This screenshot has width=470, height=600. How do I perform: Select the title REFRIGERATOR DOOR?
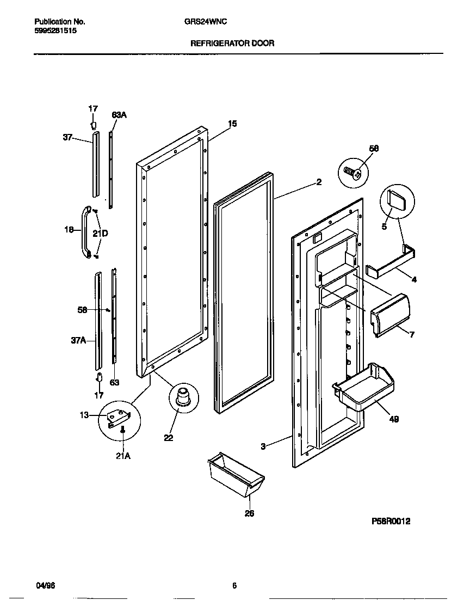click(x=232, y=43)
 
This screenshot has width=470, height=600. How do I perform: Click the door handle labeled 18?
click(x=85, y=231)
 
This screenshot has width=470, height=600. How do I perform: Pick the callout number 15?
click(x=232, y=124)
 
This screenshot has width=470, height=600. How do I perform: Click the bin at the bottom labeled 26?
click(x=236, y=474)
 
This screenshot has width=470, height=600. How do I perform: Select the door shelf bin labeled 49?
click(x=363, y=387)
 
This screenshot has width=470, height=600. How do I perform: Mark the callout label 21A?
click(x=123, y=456)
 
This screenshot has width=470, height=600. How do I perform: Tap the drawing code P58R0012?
click(x=391, y=521)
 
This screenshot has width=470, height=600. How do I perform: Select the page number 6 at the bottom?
click(x=234, y=586)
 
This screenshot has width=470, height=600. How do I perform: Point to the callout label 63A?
click(x=119, y=115)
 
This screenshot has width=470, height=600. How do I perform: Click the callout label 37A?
click(x=79, y=340)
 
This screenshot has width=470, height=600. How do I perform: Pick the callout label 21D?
click(x=100, y=234)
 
